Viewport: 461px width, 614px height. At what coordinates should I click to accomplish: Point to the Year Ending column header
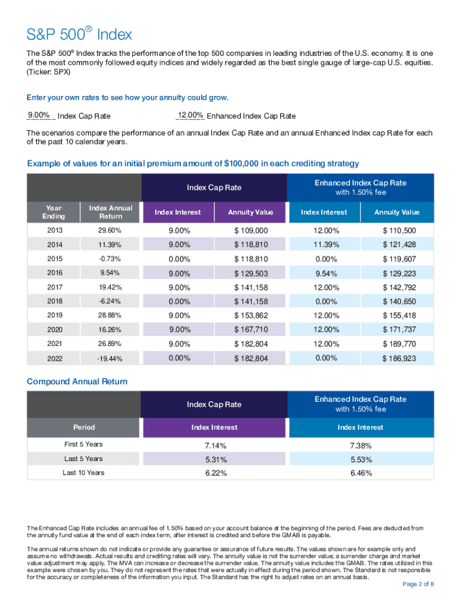tap(53, 212)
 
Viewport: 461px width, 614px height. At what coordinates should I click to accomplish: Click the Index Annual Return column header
tap(111, 212)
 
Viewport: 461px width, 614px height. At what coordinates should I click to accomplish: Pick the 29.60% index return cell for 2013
tap(111, 231)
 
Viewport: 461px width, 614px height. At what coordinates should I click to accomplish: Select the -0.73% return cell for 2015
tap(111, 259)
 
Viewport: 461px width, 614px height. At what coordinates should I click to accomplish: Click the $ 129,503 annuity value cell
tap(250, 273)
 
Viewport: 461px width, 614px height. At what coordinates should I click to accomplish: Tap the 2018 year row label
tap(53, 301)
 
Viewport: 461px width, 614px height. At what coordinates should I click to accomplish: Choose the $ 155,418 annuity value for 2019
tap(399, 315)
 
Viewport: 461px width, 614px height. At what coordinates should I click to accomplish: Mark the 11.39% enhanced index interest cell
tap(324, 245)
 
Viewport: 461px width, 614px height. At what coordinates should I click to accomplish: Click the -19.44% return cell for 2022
tap(111, 359)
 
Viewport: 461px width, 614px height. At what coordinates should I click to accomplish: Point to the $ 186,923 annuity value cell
tap(399, 359)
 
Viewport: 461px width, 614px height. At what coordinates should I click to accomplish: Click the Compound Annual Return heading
tap(77, 381)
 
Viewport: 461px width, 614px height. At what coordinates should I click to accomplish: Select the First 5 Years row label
tap(84, 445)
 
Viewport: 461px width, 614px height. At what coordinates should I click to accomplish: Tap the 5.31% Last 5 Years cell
tap(214, 459)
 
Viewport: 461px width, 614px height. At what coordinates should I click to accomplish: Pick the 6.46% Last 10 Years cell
tap(360, 473)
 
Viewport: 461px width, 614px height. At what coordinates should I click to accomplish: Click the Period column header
tap(84, 428)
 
